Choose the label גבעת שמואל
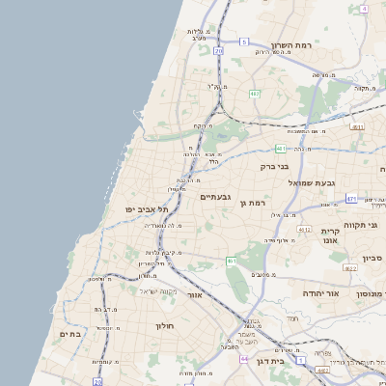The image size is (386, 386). click(x=311, y=181)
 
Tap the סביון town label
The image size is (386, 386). click(x=373, y=258)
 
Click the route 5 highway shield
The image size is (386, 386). click(x=245, y=42)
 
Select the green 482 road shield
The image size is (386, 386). click(x=255, y=94)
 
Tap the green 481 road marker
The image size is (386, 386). click(x=280, y=149)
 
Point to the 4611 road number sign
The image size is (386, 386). click(x=358, y=126)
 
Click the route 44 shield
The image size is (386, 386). click(x=245, y=359)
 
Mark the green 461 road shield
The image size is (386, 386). click(x=232, y=261)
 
